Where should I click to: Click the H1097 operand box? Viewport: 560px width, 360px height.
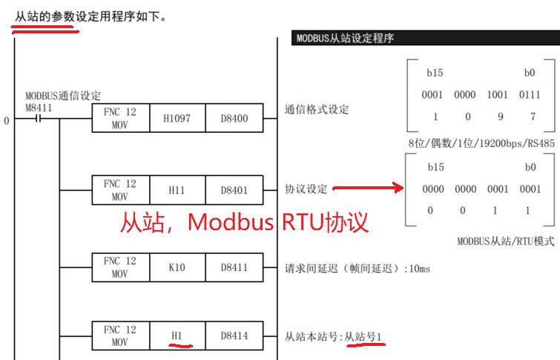pos(177,118)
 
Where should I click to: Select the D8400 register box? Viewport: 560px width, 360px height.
pos(234,118)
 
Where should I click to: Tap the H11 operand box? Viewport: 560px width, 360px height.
pos(177,190)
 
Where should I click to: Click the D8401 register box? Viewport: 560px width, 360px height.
pos(234,190)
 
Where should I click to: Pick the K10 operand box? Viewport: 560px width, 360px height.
pos(177,267)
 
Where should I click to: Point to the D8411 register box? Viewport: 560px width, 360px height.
pos(234,267)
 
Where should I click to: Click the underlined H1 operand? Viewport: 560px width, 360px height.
pos(177,336)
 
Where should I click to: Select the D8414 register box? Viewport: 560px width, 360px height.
pos(234,336)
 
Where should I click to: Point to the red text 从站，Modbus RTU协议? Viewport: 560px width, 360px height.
pos(245,222)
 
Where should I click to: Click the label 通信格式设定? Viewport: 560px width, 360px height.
pos(317,110)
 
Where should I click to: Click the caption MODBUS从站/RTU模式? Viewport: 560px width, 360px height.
pos(505,241)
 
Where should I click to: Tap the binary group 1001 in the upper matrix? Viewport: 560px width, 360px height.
pos(498,95)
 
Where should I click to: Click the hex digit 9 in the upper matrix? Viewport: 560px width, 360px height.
pos(498,117)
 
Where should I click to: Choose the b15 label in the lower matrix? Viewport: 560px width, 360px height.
pos(435,168)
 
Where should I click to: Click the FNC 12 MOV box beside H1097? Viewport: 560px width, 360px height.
pos(119,118)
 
